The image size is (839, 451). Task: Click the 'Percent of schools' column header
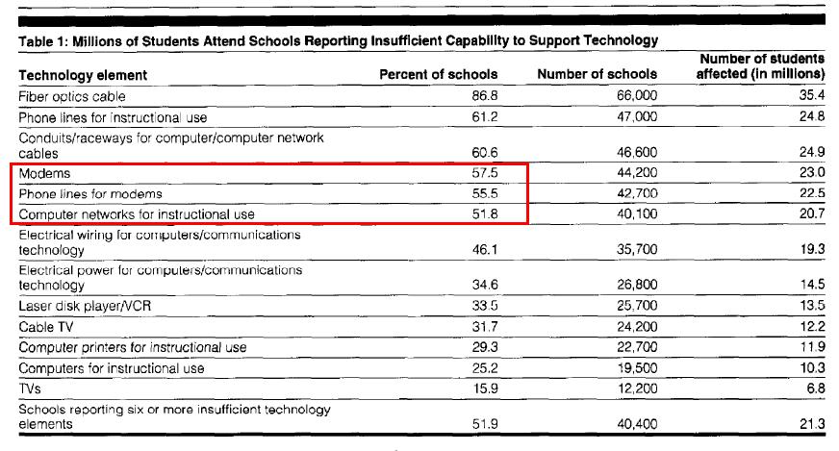438,74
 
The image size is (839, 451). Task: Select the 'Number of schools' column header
597,74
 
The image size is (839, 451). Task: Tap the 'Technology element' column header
83,75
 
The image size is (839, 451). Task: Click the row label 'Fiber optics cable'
72,97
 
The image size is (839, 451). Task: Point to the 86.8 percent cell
485,96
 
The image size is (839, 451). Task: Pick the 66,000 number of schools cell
637,96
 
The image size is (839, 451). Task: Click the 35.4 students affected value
812,95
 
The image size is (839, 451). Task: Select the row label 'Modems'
44,173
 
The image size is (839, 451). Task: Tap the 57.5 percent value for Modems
485,173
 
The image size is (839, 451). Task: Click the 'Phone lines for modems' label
90,193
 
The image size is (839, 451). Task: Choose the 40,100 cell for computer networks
637,214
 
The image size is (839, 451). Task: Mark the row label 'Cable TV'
46,327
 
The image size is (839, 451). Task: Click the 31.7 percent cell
485,326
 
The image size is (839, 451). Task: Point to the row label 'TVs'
30,388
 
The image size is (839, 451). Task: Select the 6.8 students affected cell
816,388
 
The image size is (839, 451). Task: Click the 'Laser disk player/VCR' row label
85,306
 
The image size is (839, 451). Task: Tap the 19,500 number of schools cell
637,368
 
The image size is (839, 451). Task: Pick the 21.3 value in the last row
812,424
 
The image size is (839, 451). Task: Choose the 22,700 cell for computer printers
637,347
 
